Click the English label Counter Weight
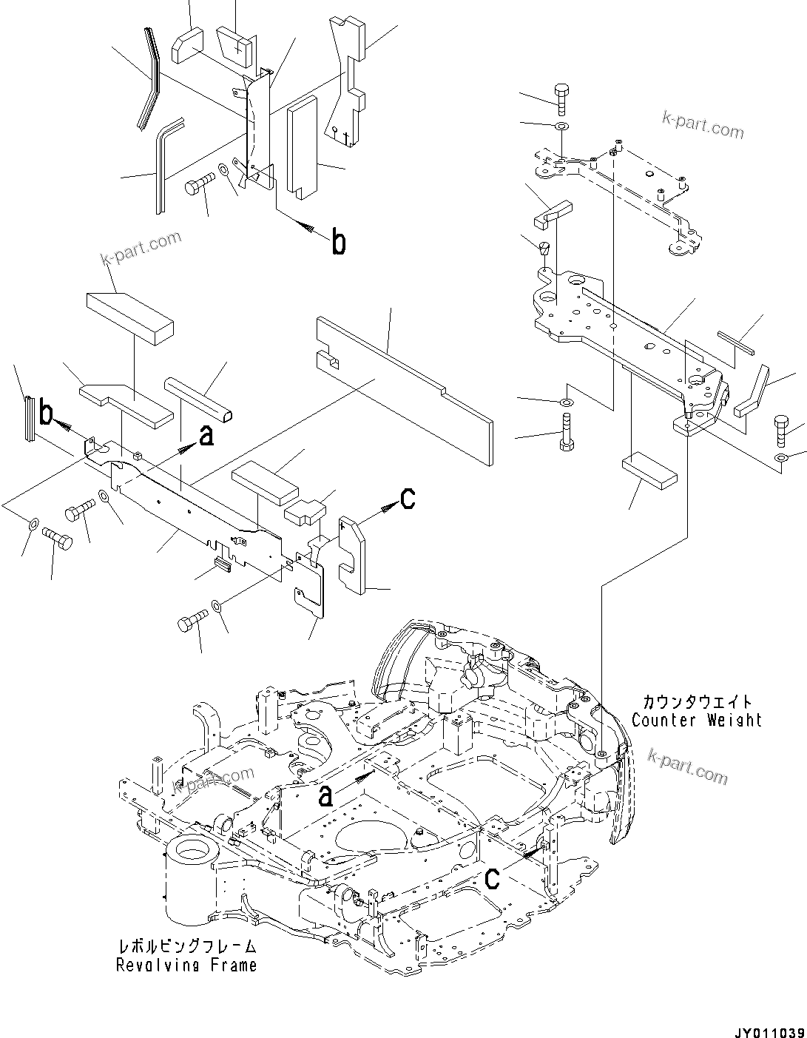(696, 719)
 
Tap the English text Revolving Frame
(186, 965)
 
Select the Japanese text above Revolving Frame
(187, 946)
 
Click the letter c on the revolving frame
(492, 878)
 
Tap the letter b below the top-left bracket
(338, 243)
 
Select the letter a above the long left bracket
(206, 437)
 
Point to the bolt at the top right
(560, 99)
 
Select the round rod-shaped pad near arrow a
(201, 399)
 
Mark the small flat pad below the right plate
(649, 473)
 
